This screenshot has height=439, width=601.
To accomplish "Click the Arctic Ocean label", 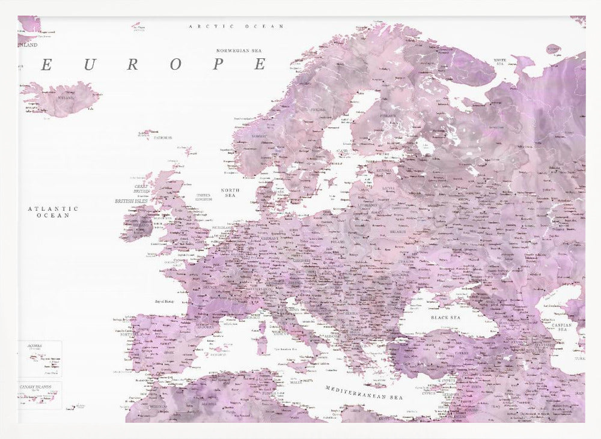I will (x=236, y=26).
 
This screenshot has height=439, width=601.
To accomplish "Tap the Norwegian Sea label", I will (x=240, y=50).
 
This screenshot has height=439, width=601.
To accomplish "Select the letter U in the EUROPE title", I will (x=89, y=65).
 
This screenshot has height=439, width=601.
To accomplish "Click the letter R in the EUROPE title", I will (x=132, y=65).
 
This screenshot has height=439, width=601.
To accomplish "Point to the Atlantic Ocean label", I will (x=53, y=211).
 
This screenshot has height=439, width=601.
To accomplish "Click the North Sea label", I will (x=230, y=193).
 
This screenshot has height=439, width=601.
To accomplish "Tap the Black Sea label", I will (x=445, y=317).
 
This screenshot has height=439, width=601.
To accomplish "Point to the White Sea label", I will (x=500, y=61).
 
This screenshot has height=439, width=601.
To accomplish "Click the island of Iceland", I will (x=60, y=99).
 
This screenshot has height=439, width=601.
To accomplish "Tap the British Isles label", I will (x=131, y=201).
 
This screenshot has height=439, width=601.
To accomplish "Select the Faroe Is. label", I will (x=163, y=138).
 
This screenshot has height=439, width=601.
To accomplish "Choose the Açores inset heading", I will (x=35, y=347).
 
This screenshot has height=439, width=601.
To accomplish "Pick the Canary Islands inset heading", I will (x=34, y=387).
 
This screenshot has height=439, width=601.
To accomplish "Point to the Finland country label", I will (x=388, y=116).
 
